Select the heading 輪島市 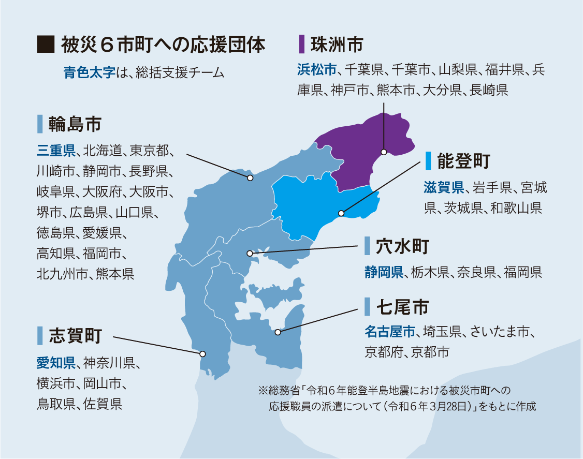coord(75,124)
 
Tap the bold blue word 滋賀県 coord(443,187)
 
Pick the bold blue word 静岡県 coord(384,272)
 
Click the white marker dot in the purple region coord(384,152)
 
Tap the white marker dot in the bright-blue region coord(341,213)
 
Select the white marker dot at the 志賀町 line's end coord(202,354)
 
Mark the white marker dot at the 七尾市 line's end coord(278,332)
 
